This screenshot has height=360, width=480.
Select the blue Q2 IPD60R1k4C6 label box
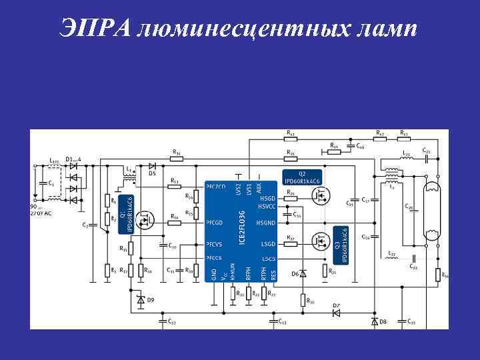pos(302,178)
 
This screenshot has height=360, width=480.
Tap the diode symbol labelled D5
pos(152,165)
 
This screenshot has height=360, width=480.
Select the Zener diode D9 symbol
pos(141,301)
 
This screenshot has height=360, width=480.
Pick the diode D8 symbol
pos(374,322)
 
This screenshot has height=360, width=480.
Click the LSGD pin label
pos(269,244)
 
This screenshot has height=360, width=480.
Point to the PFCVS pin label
pos(215,244)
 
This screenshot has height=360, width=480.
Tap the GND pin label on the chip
pos(214,273)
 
